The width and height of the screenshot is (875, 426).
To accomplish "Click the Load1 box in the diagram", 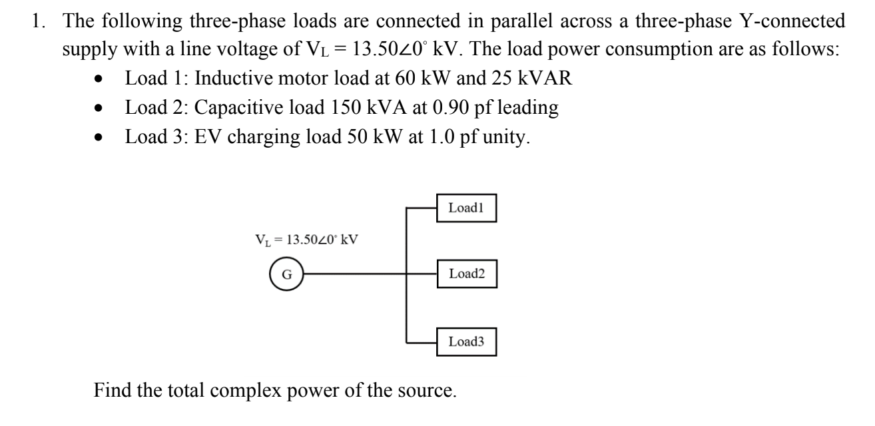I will [466, 208].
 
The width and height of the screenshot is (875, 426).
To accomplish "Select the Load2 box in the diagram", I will [466, 274].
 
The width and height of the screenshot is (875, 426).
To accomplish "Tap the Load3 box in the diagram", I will [466, 343].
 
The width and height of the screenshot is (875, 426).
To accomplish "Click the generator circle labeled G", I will [286, 274].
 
